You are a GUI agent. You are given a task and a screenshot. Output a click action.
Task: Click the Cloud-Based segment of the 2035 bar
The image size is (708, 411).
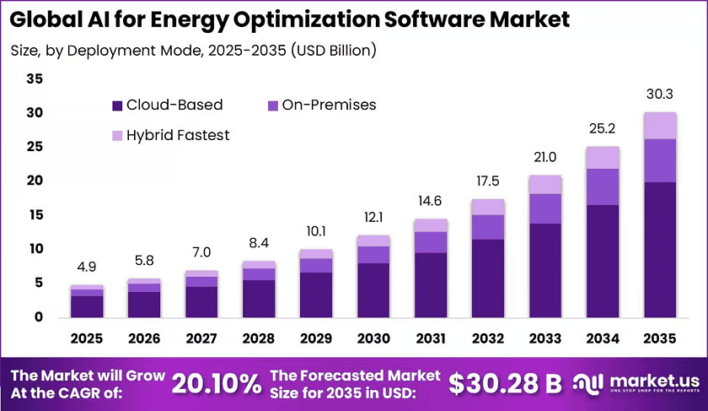click(660, 250)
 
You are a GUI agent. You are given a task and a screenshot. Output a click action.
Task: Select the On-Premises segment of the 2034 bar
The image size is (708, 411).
click(603, 187)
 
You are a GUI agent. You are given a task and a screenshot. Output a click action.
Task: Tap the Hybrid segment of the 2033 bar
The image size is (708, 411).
click(545, 185)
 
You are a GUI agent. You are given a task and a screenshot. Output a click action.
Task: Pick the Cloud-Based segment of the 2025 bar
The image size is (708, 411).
click(87, 306)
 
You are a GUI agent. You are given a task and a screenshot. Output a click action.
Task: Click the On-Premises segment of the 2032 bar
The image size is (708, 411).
click(488, 227)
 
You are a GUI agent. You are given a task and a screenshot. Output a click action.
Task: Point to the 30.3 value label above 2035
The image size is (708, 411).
click(660, 94)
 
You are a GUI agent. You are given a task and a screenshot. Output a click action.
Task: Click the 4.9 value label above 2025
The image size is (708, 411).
click(87, 267)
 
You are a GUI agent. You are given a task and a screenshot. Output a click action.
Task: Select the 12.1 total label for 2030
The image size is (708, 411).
click(373, 218)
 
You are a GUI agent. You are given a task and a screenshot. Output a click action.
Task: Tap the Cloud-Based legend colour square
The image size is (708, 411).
click(117, 105)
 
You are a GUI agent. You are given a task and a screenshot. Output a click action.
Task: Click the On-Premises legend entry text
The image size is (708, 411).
click(330, 105)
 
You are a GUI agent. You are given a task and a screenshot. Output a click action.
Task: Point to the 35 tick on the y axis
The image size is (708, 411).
click(35, 78)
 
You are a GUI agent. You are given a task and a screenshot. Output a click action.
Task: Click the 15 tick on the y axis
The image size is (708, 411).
click(35, 214)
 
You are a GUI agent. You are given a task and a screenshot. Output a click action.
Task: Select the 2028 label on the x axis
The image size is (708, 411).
click(259, 338)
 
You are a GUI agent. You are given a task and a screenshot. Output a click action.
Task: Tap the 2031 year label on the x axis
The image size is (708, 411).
click(431, 338)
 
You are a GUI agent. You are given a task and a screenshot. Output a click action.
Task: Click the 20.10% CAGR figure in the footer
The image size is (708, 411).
click(217, 384)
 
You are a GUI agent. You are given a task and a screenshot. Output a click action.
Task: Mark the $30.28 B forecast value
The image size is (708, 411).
click(505, 384)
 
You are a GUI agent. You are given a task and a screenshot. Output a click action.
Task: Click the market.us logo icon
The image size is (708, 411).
click(588, 383)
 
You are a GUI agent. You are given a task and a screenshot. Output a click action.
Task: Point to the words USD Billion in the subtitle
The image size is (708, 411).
click(333, 50)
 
